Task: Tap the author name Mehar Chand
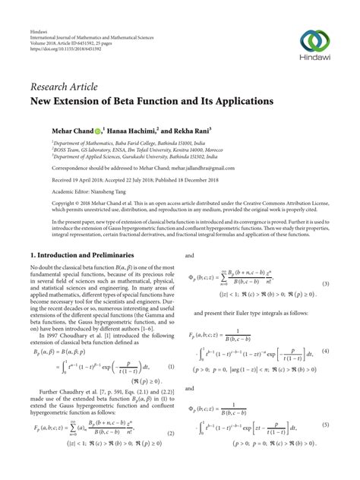pos(74,130)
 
